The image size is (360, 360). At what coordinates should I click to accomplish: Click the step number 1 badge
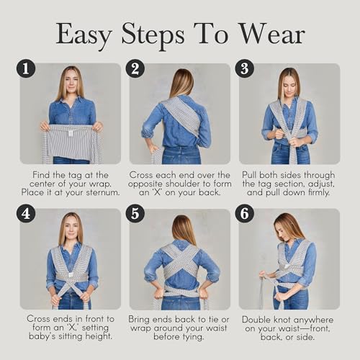[27, 68]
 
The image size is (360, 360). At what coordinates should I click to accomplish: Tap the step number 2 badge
[135, 68]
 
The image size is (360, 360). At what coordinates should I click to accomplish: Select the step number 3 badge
[244, 68]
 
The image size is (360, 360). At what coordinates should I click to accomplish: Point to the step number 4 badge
[27, 214]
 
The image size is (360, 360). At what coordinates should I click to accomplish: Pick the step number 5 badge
[135, 214]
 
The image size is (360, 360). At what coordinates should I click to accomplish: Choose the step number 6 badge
[244, 214]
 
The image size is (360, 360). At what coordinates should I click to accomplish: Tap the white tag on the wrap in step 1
[71, 132]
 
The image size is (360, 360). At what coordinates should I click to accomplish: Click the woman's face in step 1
[71, 81]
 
